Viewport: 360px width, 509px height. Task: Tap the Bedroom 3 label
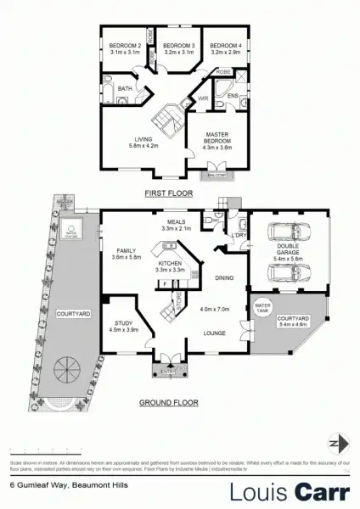[x=179, y=48]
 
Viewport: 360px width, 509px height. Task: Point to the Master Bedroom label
[x=222, y=141]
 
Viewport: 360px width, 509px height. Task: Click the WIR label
[x=204, y=99]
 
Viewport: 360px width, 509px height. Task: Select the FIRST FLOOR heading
[x=168, y=194]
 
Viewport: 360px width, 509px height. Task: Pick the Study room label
[x=124, y=326]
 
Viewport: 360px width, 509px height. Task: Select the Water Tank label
[x=263, y=306]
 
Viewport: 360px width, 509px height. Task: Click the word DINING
[x=224, y=277]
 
